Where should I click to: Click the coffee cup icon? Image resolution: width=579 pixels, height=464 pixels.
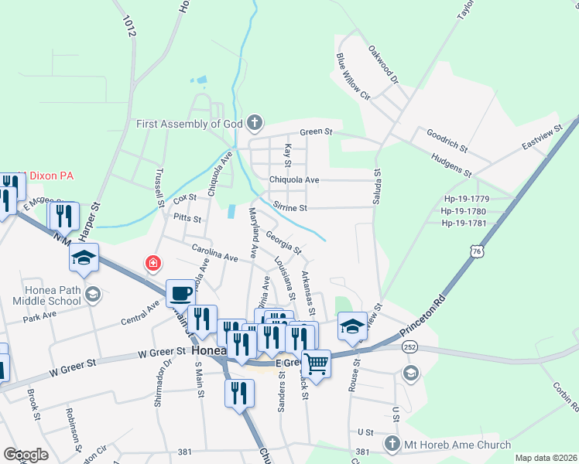pyautogui.click(x=180, y=293)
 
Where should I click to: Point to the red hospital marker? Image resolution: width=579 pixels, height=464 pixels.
pyautogui.click(x=153, y=263)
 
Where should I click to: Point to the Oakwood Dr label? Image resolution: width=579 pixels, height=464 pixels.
pyautogui.click(x=383, y=64)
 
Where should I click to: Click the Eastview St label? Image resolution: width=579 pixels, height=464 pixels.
pyautogui.click(x=541, y=138)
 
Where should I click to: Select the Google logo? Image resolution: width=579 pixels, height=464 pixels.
pyautogui.click(x=26, y=455)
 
